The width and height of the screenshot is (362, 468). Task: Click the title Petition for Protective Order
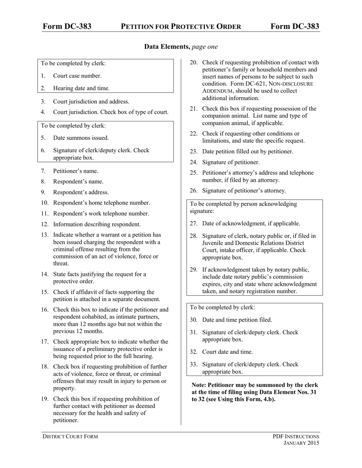(x=181, y=26)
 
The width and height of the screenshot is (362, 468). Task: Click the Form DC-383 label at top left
(x=67, y=26)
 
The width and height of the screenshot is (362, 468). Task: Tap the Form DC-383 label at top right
(x=295, y=26)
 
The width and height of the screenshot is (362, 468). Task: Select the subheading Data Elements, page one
(x=181, y=47)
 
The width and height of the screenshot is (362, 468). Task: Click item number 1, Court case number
(x=77, y=76)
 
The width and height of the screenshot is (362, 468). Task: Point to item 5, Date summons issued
(x=81, y=138)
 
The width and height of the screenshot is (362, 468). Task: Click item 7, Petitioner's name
(x=75, y=171)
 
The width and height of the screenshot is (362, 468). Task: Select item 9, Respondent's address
(x=81, y=192)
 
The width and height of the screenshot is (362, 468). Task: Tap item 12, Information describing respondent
(x=97, y=224)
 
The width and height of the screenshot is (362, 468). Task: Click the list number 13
(x=45, y=235)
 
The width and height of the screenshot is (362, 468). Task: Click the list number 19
(x=45, y=399)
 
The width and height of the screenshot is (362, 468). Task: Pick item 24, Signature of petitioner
(x=231, y=162)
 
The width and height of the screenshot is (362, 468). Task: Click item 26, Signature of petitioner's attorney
(x=244, y=191)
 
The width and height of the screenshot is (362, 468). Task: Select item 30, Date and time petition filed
(x=237, y=320)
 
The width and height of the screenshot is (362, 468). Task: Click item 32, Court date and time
(x=227, y=352)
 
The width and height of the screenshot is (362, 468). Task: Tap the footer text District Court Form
(x=70, y=436)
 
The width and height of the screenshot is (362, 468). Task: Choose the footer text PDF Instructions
(x=296, y=436)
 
